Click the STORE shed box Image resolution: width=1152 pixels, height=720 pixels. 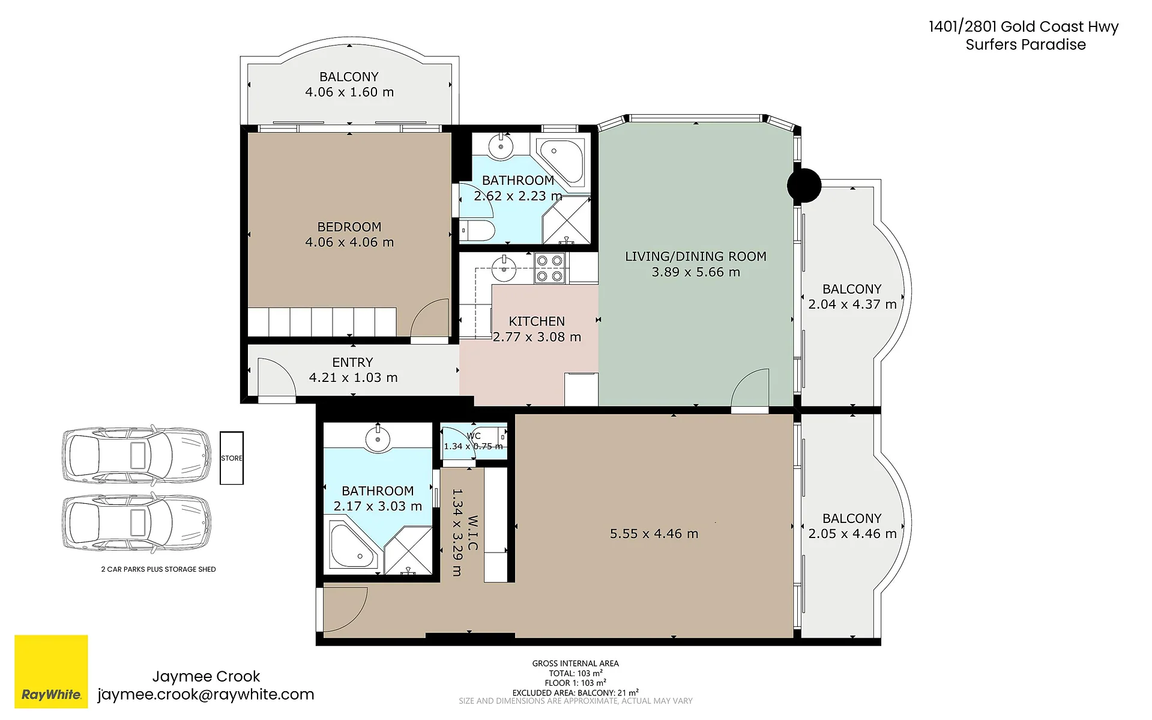point(232,458)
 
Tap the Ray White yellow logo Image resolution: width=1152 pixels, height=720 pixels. point(51,671)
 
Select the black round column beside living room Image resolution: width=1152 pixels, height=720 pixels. point(804,186)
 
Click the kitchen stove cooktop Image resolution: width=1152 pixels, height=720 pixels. point(550,268)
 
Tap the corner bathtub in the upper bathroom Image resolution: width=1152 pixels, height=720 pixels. point(559,160)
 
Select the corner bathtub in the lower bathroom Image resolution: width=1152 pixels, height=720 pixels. point(354,546)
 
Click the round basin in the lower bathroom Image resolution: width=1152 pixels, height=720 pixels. point(378,438)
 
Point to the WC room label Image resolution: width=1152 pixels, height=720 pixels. point(474,436)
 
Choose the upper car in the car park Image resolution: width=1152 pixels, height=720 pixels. point(137,455)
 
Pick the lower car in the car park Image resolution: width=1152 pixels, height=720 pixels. point(137,523)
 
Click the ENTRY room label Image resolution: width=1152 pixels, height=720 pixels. point(353,362)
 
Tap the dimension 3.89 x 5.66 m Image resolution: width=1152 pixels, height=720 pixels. point(696,272)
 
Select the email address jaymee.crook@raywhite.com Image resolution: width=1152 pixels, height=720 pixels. point(206,694)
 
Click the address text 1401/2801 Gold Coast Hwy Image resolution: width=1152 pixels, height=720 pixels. point(1024,26)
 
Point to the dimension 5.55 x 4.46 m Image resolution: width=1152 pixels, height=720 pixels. point(654,534)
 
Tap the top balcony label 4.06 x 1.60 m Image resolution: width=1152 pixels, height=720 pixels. point(349,92)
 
